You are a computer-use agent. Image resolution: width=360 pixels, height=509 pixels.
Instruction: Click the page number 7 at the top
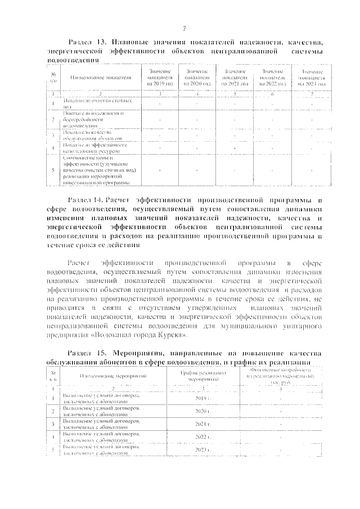click(184, 29)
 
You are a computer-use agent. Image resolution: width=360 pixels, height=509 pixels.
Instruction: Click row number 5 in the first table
click(53, 170)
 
